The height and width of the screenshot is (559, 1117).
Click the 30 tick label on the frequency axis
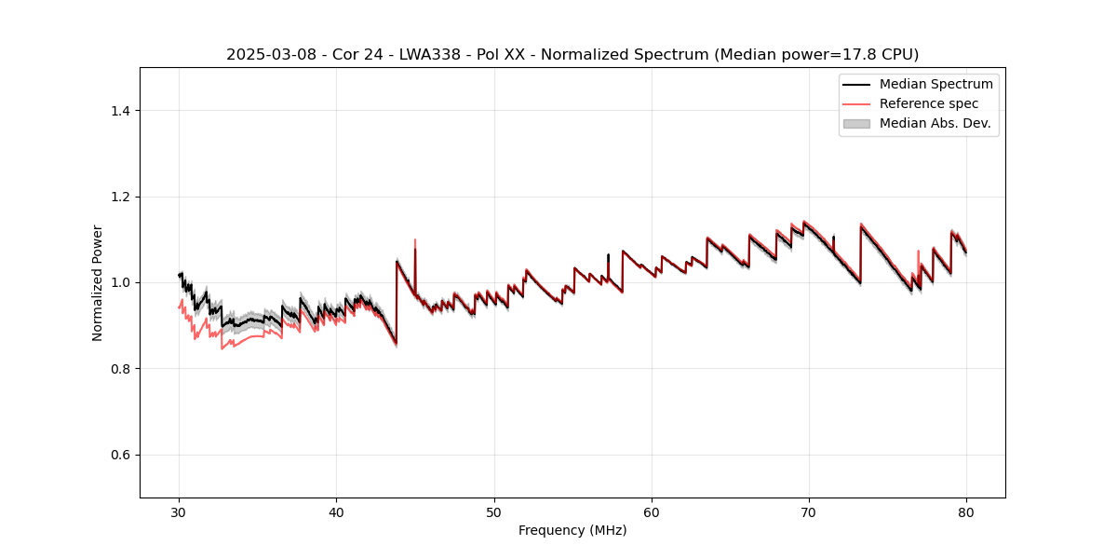tap(180, 512)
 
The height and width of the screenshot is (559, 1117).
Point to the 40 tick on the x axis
tap(337, 512)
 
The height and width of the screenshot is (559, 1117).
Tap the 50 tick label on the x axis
tap(494, 512)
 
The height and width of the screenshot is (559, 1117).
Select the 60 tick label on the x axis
tap(652, 512)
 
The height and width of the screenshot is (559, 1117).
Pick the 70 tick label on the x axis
tap(809, 512)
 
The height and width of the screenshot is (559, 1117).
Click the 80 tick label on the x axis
tap(966, 512)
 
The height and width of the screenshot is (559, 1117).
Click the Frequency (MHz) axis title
tap(572, 530)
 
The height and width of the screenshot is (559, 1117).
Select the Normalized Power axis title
tap(98, 282)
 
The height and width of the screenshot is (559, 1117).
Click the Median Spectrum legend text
tap(935, 84)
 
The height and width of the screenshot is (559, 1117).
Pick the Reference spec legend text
tap(929, 103)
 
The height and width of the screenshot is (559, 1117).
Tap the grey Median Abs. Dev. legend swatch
tap(856, 123)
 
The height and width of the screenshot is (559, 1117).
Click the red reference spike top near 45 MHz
tap(415, 239)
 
